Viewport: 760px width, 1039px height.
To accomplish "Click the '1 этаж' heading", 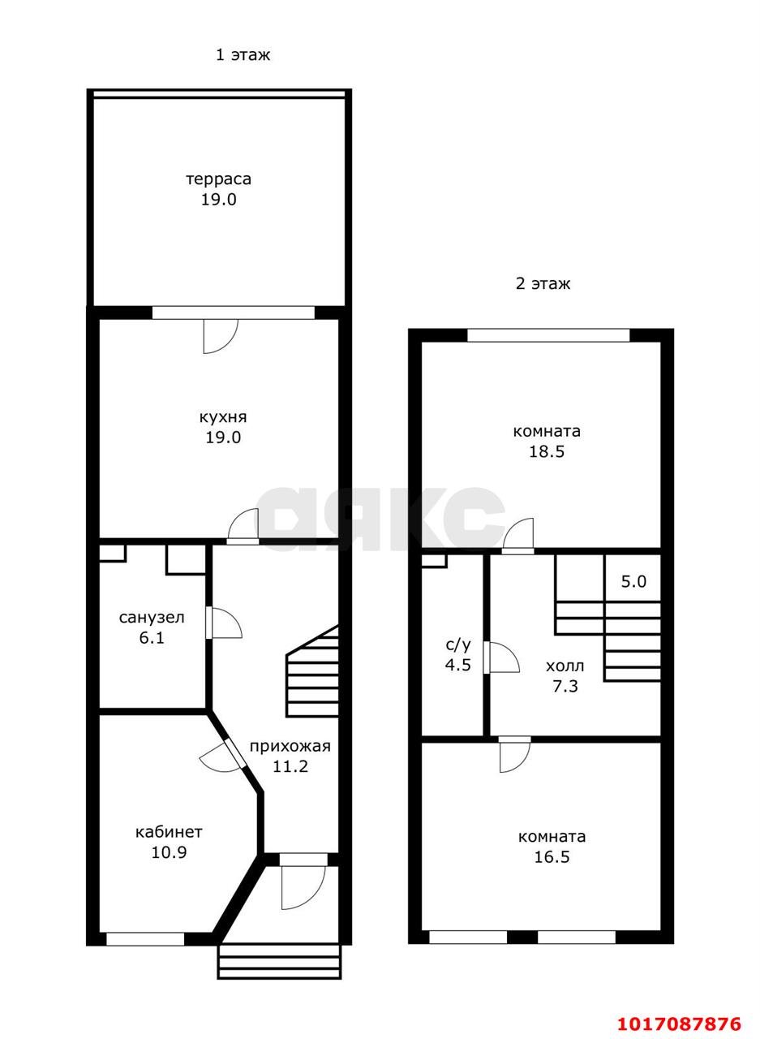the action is (x=243, y=55).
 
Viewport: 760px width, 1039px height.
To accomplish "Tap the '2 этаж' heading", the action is (x=543, y=283).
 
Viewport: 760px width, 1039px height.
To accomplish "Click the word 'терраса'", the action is (x=219, y=179).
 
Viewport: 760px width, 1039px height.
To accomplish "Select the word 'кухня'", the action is (x=223, y=417).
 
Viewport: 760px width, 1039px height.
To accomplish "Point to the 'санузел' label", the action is (x=152, y=618).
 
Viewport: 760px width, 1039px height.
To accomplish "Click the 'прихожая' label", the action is (x=290, y=746).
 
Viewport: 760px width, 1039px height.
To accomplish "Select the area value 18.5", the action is (x=547, y=451).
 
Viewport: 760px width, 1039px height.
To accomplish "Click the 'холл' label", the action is (x=565, y=666).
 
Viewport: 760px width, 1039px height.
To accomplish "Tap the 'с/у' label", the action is (x=457, y=645).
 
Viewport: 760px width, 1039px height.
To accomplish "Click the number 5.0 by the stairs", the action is (x=633, y=581).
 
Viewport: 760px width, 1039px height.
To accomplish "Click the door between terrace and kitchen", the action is (x=221, y=336).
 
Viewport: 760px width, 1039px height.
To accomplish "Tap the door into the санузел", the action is (x=223, y=623).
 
